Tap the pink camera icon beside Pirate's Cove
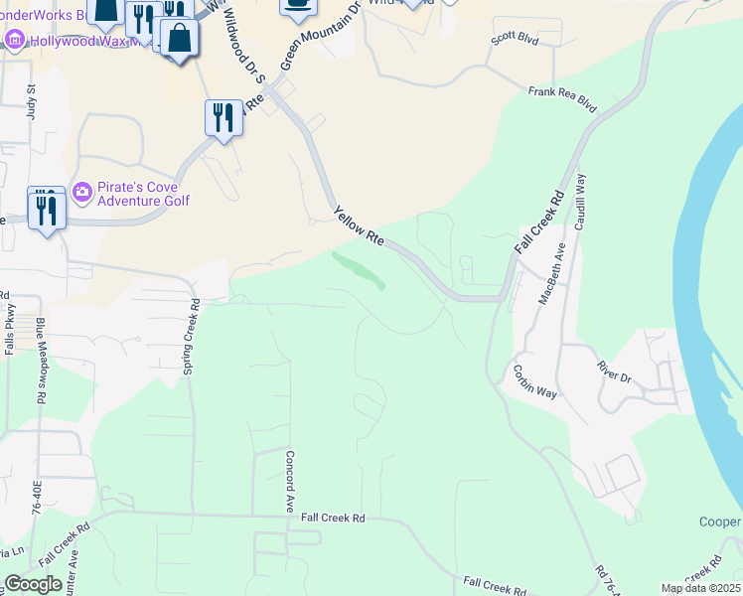click(x=82, y=191)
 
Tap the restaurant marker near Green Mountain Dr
click(x=223, y=119)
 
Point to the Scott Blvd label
click(x=514, y=41)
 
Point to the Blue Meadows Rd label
click(x=41, y=360)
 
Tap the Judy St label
click(x=32, y=102)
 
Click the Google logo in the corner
click(x=33, y=584)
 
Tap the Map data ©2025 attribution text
click(x=700, y=588)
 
